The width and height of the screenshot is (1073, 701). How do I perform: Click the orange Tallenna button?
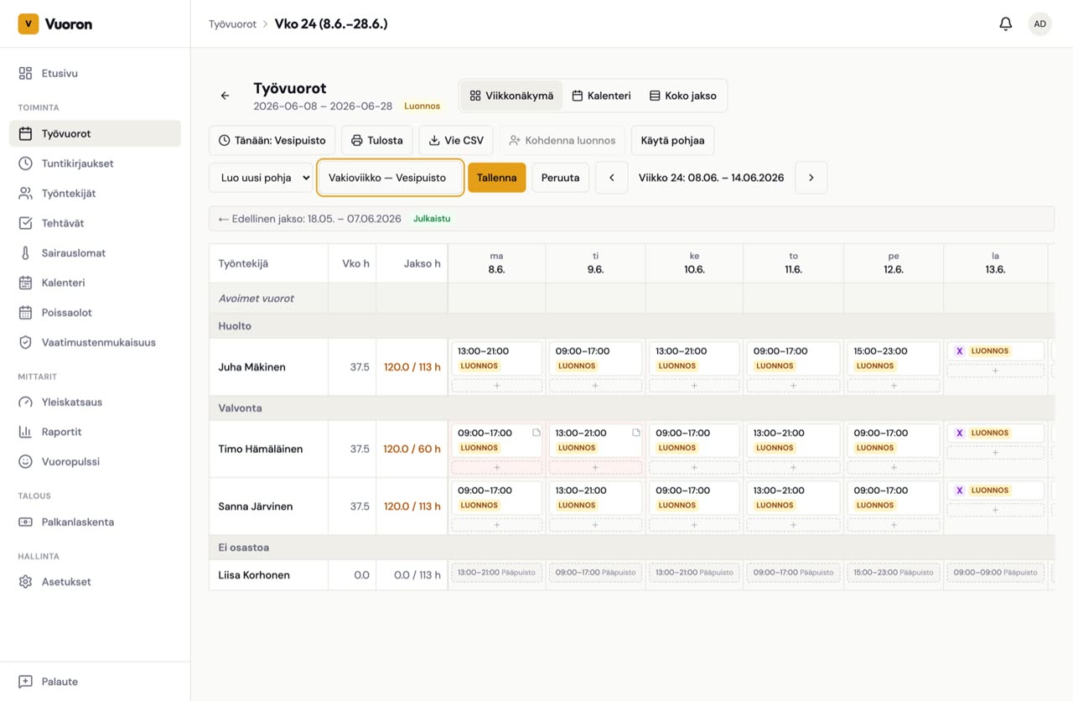496,178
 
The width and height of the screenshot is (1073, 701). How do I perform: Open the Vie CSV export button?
455,140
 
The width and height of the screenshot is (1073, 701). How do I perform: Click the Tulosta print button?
377,140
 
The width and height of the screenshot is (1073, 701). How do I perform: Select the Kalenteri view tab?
601,96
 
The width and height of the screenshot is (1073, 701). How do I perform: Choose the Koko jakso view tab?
682,96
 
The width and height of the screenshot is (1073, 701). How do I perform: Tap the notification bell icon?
1005,24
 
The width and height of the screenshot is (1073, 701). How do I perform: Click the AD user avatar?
1039,24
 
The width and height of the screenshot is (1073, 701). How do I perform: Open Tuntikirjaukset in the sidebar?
77,164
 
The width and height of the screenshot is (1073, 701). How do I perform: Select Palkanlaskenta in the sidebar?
78,522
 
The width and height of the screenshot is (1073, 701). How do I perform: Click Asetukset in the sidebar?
66,582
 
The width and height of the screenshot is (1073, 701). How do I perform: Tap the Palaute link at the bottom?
60,682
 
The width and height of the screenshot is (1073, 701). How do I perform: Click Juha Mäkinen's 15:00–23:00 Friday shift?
894,358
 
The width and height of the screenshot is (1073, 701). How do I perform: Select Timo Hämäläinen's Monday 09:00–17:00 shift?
497,440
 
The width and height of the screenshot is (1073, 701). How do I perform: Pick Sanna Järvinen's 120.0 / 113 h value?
412,506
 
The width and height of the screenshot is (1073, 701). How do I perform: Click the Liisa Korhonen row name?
254,575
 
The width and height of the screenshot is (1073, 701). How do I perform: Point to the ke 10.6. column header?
694,263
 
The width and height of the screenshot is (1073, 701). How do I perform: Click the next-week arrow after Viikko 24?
811,178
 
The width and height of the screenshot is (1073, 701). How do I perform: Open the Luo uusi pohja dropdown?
262,178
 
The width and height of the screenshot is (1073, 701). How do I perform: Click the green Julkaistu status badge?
432,219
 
